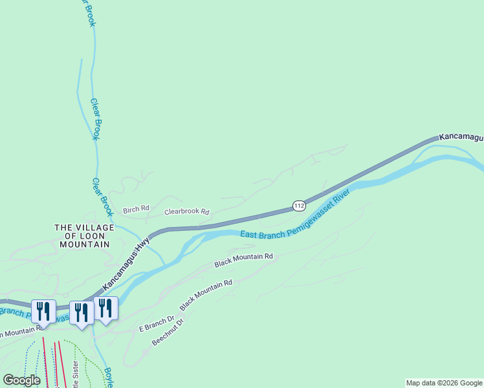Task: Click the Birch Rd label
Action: coord(136,209)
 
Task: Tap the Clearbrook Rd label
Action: coord(187,211)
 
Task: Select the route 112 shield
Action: coord(298,206)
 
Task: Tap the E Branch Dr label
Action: coord(157,324)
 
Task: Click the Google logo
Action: coord(21,380)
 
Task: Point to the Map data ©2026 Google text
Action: coord(444,383)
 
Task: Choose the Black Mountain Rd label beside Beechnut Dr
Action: coord(206,294)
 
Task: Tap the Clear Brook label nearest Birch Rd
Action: coord(102,197)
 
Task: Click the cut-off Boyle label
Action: coord(109,376)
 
